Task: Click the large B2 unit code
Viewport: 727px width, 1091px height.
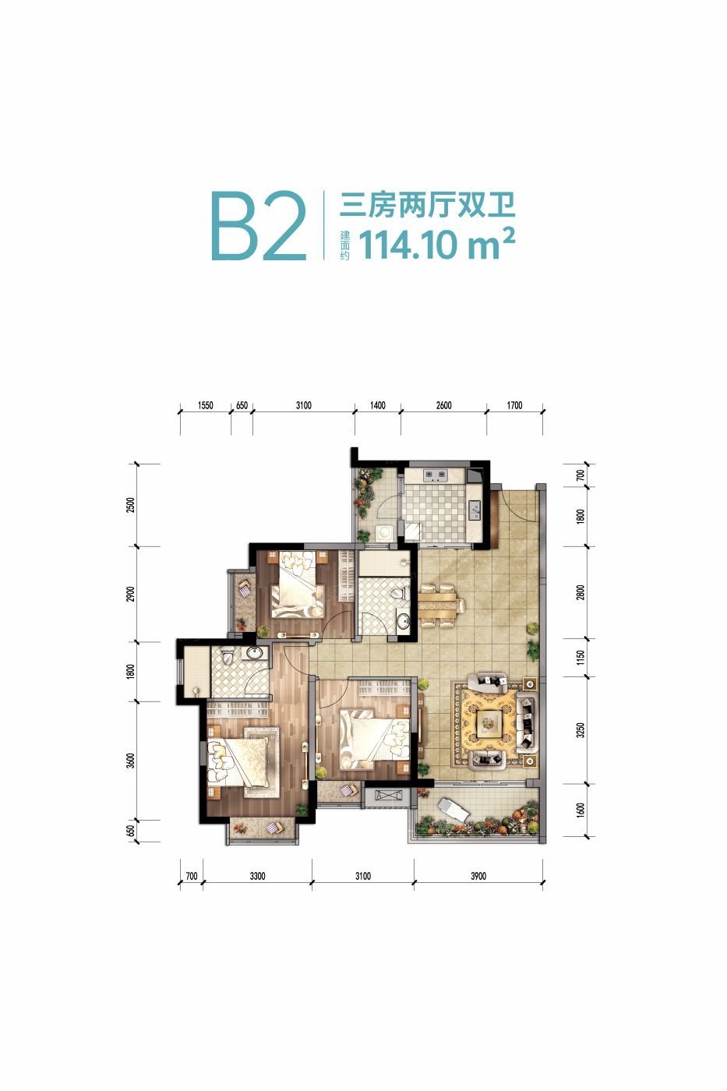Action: [259, 227]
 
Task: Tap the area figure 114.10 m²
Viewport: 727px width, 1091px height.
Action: [436, 245]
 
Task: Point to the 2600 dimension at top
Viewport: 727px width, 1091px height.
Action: [443, 405]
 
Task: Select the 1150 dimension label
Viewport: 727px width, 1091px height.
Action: [580, 658]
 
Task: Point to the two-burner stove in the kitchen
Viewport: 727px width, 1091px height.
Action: [435, 473]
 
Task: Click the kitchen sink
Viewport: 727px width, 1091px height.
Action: [475, 510]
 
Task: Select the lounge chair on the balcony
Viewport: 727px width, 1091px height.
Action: [453, 809]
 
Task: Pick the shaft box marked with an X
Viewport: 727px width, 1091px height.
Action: [390, 796]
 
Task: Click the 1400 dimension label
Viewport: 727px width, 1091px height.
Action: [377, 405]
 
